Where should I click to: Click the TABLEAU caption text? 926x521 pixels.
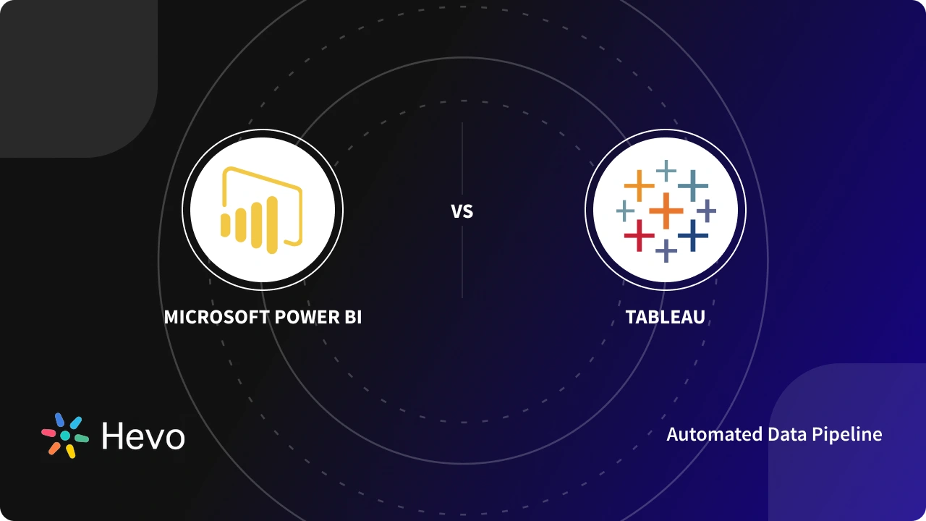point(665,317)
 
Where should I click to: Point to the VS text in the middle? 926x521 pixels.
point(462,211)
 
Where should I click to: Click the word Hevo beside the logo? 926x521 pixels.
point(143,436)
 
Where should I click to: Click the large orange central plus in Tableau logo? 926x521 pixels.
point(666,211)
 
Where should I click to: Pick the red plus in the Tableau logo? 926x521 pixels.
point(639,235)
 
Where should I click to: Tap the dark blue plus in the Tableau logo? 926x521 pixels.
point(692,235)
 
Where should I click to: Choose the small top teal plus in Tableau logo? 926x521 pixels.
point(666,171)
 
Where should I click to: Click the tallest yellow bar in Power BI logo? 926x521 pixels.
point(272,224)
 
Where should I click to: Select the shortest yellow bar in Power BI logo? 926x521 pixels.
point(225,224)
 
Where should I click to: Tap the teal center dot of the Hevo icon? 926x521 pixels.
point(65,436)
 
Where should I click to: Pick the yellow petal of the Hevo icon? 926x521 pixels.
point(70,451)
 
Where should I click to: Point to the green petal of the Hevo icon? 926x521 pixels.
point(81,439)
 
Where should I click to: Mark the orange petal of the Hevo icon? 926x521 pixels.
point(55,448)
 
